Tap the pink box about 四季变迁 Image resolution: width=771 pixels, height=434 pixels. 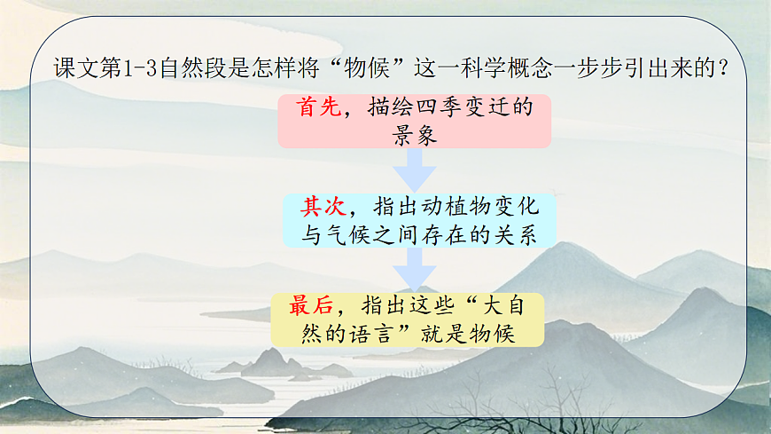click(414, 122)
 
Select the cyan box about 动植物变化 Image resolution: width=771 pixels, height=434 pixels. click(420, 220)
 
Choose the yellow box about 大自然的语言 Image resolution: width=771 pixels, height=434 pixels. click(408, 320)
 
